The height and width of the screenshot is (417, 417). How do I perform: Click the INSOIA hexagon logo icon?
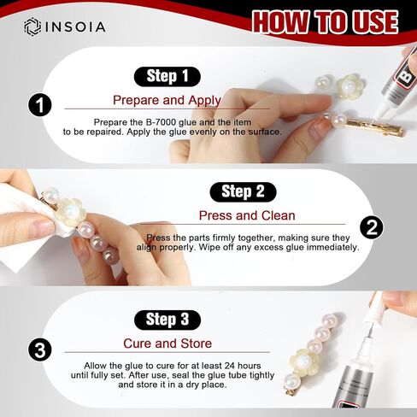[32, 27]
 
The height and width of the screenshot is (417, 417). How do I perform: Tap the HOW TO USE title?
[325, 22]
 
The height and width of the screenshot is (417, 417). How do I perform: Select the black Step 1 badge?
[167, 76]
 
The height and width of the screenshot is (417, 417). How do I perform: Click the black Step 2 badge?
[243, 191]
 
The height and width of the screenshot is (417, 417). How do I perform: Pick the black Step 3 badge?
[167, 320]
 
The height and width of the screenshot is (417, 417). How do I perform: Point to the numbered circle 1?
[40, 104]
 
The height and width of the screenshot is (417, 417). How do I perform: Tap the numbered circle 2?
[372, 227]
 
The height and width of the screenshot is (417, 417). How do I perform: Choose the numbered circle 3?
[40, 349]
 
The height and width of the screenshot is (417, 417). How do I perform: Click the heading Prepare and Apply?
[167, 100]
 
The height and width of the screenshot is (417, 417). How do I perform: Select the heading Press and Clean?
[247, 215]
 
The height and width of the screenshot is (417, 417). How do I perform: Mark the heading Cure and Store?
[167, 344]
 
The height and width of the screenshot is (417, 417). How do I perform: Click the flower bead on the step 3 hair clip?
[303, 361]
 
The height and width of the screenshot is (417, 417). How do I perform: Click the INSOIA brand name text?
[76, 27]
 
